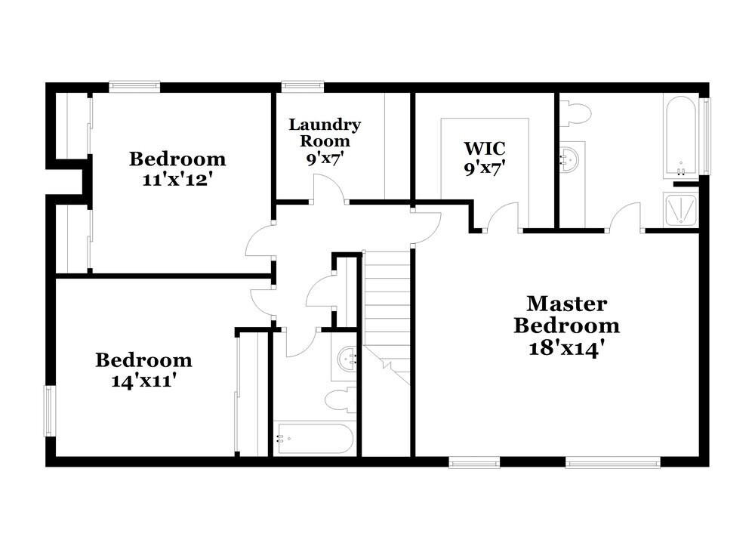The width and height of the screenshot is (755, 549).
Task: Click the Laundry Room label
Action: [x=325, y=132]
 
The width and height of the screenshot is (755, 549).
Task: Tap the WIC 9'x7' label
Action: [x=484, y=156]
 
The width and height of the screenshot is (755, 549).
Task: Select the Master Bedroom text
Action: [x=567, y=315]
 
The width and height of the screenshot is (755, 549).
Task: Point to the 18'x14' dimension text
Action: [x=567, y=349]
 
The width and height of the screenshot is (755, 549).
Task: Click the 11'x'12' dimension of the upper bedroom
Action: [x=177, y=181]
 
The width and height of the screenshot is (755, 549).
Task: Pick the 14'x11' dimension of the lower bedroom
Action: [x=143, y=381]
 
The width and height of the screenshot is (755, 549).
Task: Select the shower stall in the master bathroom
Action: [x=682, y=209]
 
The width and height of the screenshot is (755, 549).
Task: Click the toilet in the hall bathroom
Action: [x=340, y=399]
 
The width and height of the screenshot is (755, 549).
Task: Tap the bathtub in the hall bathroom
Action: [x=313, y=438]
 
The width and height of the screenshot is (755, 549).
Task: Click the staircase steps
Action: [x=387, y=302]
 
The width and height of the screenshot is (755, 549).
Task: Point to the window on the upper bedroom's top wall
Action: [x=134, y=87]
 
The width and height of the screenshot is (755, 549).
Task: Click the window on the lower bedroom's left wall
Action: [x=50, y=411]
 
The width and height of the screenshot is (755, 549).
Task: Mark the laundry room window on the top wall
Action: [x=303, y=87]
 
